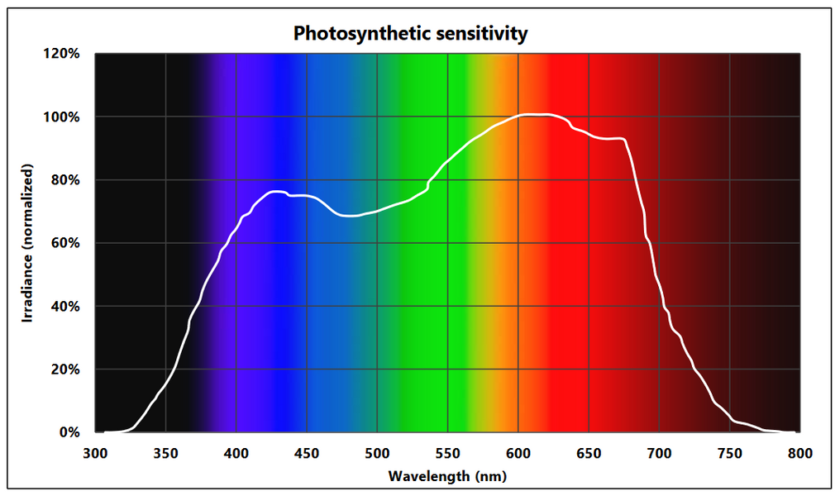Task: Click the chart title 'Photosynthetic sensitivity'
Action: point(411,34)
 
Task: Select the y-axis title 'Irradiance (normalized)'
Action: point(28,242)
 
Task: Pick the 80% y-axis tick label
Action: point(65,180)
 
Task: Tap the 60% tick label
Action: point(65,243)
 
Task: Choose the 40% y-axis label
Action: point(65,306)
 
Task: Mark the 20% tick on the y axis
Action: point(65,370)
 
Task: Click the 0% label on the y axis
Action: point(69,432)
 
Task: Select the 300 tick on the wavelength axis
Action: point(96,453)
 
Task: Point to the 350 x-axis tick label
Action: point(166,453)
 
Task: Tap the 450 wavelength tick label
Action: point(307,453)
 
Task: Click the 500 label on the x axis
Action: point(377,453)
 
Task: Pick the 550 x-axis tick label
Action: point(447,453)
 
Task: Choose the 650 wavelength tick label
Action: point(589,453)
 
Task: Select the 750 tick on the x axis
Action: point(729,453)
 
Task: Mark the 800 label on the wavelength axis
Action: point(799,453)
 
